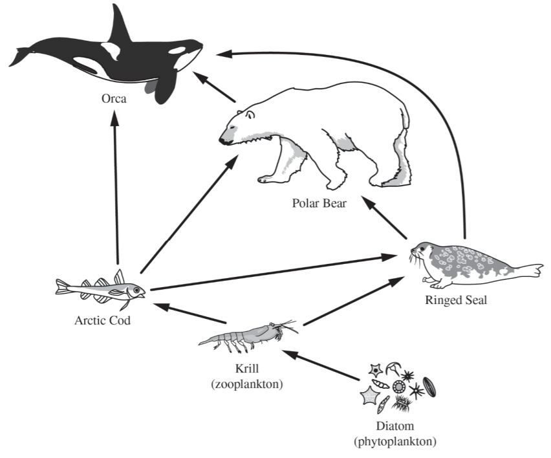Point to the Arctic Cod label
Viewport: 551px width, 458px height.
102,320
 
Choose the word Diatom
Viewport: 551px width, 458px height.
394,428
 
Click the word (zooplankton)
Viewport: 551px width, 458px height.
248,384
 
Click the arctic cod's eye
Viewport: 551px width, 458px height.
137,289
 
